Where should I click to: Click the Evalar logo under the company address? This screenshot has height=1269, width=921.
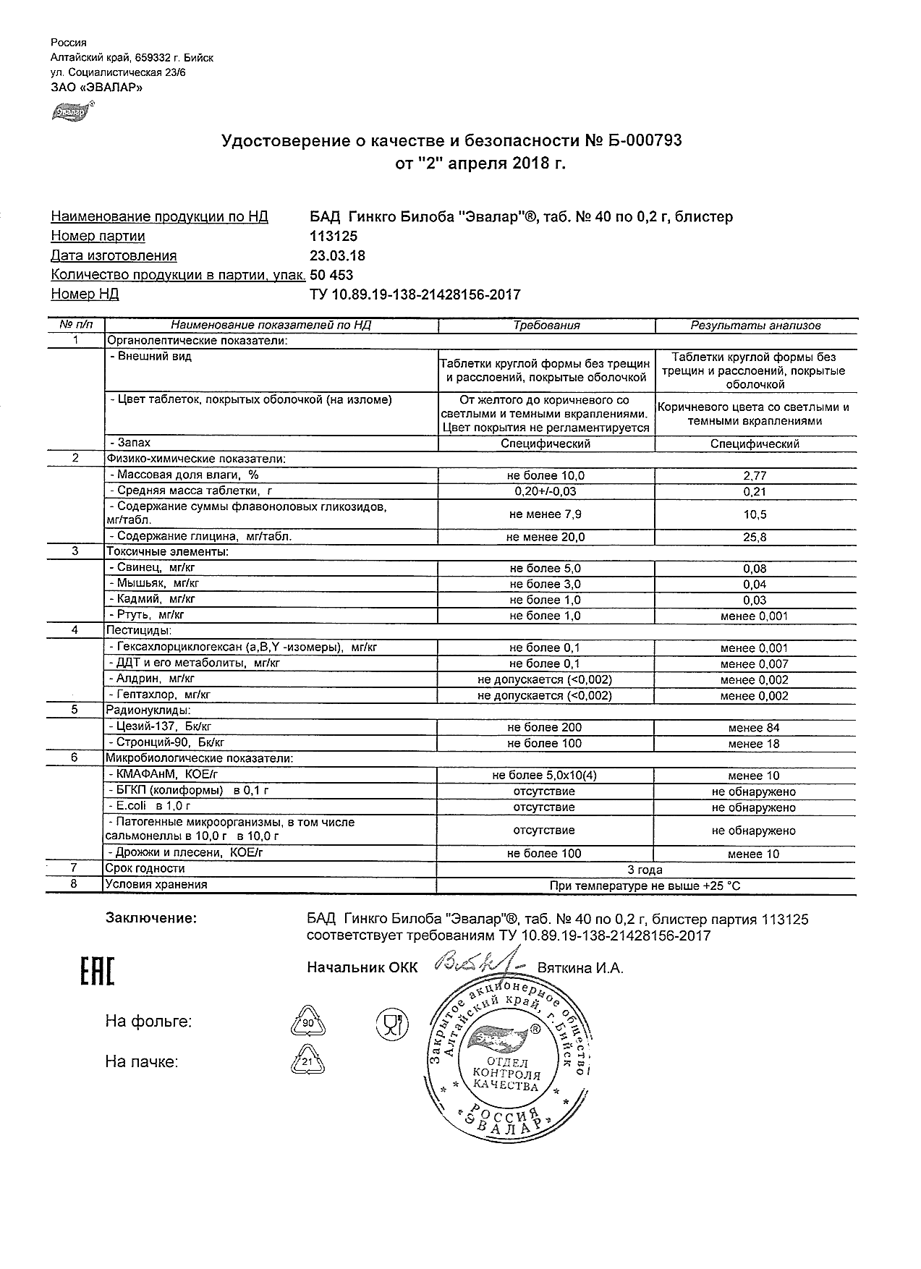coord(69,112)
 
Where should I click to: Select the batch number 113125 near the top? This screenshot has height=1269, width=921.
coord(333,237)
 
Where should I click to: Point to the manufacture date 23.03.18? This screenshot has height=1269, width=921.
coord(337,255)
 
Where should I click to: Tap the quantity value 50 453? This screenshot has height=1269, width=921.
coord(331,275)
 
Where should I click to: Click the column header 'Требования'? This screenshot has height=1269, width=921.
coord(546,326)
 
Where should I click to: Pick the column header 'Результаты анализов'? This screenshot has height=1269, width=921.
coord(755,326)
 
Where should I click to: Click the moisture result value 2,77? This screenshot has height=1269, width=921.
coord(755,476)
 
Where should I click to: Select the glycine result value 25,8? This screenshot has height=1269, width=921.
coord(755,538)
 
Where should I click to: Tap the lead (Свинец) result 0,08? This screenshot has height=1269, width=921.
coord(755,569)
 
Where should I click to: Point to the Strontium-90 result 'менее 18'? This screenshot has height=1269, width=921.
coord(754,744)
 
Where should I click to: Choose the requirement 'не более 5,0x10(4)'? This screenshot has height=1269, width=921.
coord(544,776)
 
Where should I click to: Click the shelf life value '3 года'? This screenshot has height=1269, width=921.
coord(646,870)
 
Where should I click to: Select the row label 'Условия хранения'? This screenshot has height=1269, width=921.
coord(156,885)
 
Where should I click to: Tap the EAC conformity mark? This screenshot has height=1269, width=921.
coord(97,971)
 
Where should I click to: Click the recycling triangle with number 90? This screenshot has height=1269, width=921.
coord(307,1023)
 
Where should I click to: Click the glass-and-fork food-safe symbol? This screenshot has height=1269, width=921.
coord(391,1023)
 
